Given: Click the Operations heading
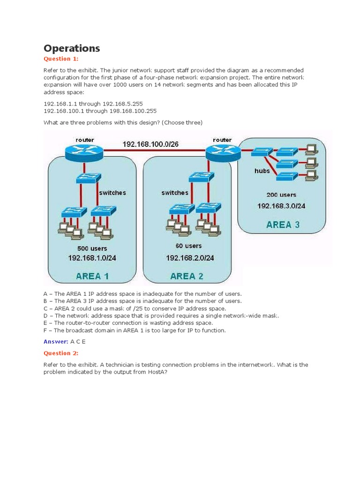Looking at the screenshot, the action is click(72, 48).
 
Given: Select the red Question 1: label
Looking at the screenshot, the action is click(61, 59).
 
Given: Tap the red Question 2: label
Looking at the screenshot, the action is click(61, 353).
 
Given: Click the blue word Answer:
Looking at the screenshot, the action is click(56, 342).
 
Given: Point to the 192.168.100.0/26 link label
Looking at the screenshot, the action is click(150, 144).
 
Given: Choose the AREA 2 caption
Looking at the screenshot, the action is click(187, 276).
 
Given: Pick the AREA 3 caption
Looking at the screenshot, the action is click(283, 225).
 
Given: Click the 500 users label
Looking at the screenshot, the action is click(92, 248).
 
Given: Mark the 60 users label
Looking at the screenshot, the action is click(189, 246).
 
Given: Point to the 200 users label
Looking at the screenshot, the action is click(281, 195).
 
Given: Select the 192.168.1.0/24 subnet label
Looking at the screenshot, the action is click(92, 258).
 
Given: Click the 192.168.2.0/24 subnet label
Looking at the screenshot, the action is click(190, 258).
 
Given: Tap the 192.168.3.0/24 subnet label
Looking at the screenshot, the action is click(281, 206).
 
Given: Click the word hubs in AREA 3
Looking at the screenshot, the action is click(262, 171).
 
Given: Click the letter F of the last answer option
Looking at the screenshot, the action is click(45, 330).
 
